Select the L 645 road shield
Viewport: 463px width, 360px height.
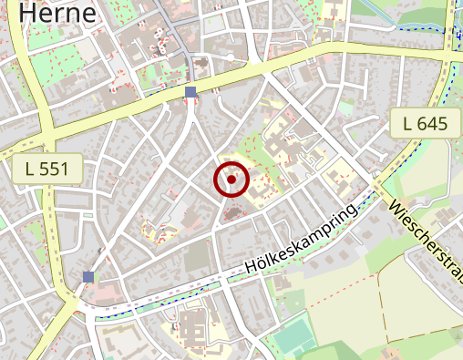click(x=425, y=122)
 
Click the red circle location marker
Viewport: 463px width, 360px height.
click(x=231, y=180)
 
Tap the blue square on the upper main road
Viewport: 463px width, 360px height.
click(x=190, y=92)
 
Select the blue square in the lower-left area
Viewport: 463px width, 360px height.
click(x=88, y=276)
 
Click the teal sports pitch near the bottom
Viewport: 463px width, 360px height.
click(x=293, y=336)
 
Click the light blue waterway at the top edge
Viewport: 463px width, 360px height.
click(x=383, y=11)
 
